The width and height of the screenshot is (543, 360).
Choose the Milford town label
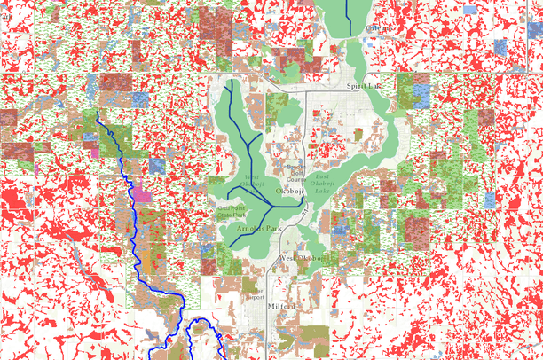pyautogui.click(x=279, y=305)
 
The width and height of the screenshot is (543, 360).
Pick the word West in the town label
pyautogui.click(x=286, y=258)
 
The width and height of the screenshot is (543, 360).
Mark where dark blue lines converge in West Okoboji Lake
pyautogui.click(x=268, y=210)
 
